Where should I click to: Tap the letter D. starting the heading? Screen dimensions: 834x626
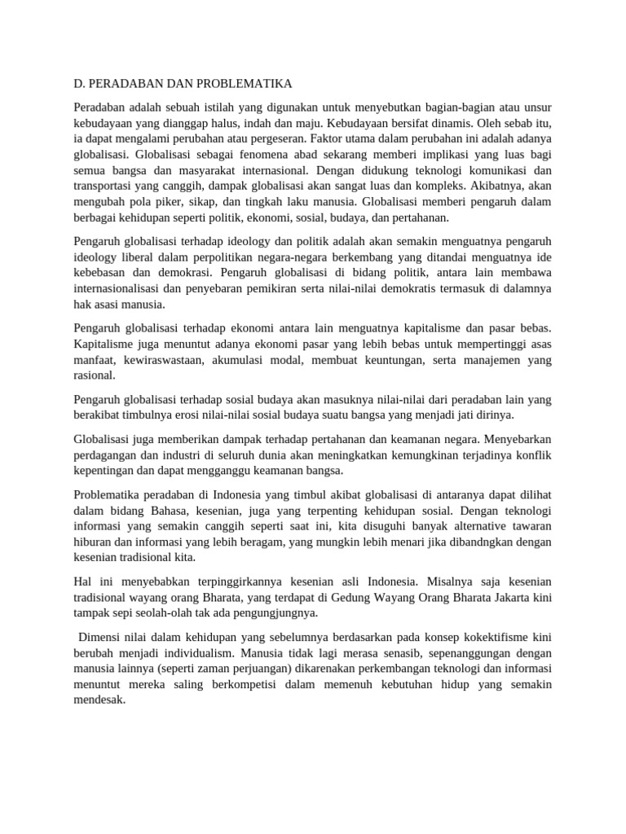pos(79,84)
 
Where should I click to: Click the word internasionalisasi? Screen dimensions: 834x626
pos(128,288)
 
